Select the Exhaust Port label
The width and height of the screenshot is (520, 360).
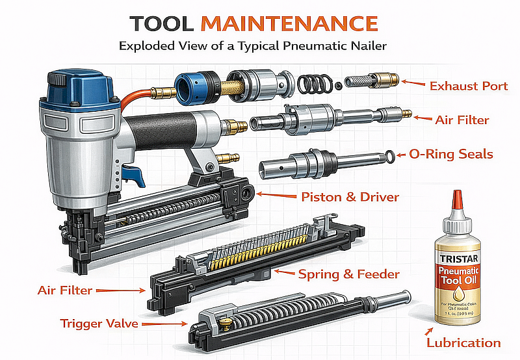pos(468,85)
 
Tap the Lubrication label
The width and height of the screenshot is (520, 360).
pos(463,342)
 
